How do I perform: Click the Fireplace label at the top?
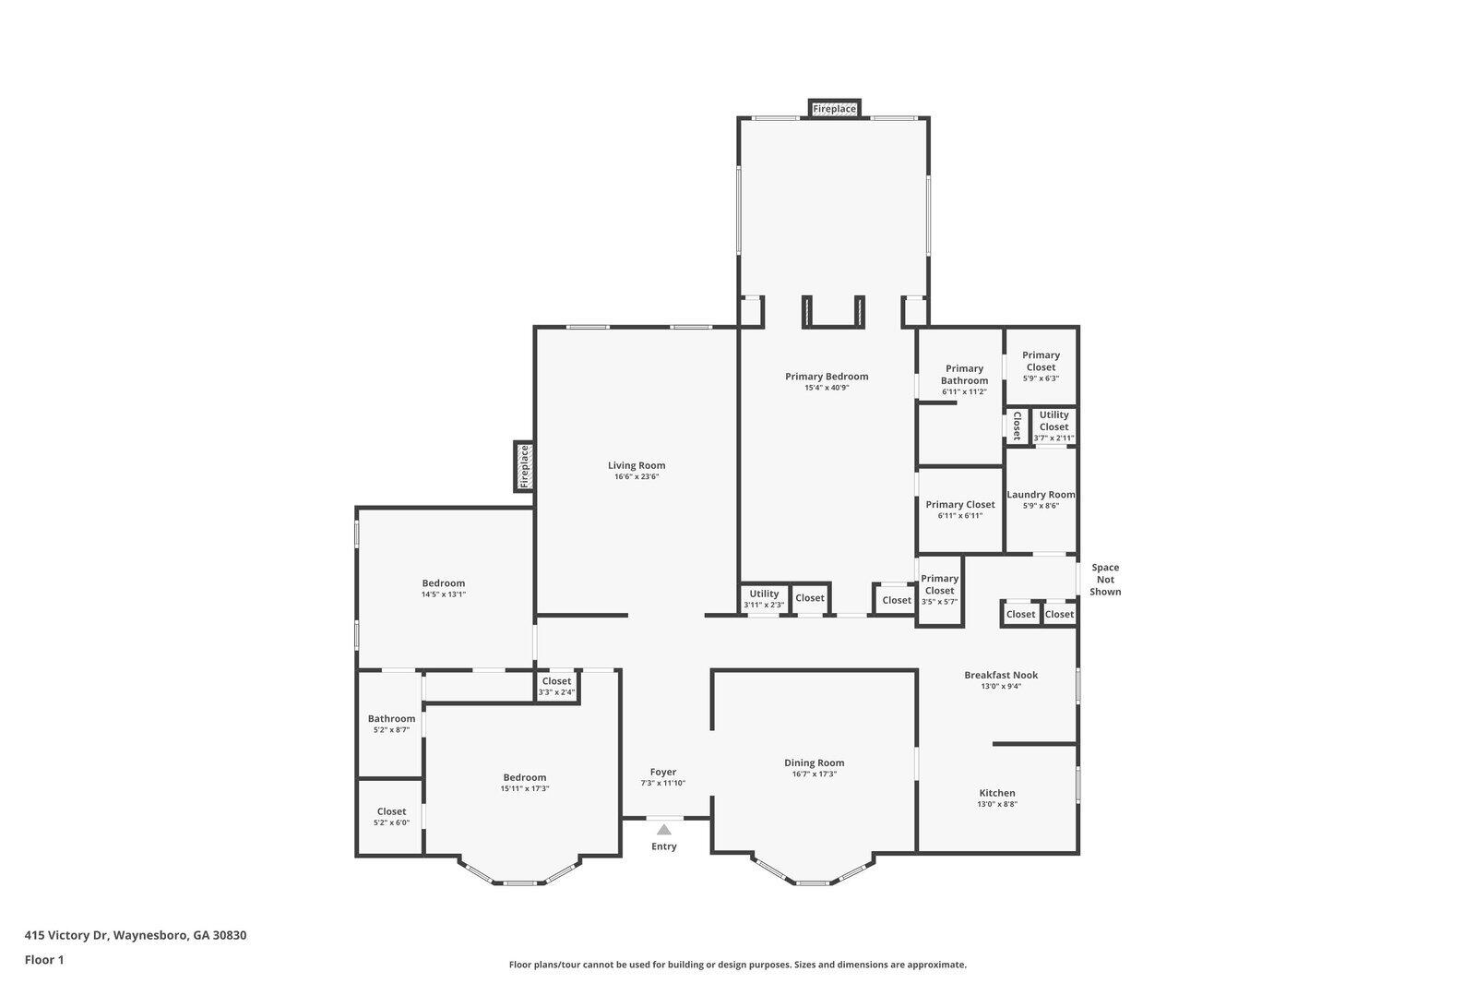pos(834,109)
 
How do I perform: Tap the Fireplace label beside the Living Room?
pos(524,466)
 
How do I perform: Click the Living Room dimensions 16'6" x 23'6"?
pos(637,477)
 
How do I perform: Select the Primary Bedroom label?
pos(827,377)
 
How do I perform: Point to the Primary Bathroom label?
pos(964,375)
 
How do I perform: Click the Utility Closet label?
pos(1053,421)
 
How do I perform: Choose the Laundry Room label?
pos(1041,495)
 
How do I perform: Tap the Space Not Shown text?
pos(1104,580)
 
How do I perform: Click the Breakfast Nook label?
pos(1001,675)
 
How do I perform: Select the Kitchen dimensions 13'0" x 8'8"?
pos(997,804)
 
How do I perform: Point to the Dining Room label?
pos(815,762)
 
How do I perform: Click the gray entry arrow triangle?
pos(664,830)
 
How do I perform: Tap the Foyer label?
pos(663,772)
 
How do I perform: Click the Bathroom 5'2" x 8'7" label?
pos(391,719)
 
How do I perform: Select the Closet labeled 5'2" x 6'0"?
pos(391,812)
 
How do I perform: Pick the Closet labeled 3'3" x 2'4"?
pos(556,681)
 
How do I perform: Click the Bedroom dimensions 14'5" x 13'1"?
pos(444,594)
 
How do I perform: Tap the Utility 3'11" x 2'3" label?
pos(764,594)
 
